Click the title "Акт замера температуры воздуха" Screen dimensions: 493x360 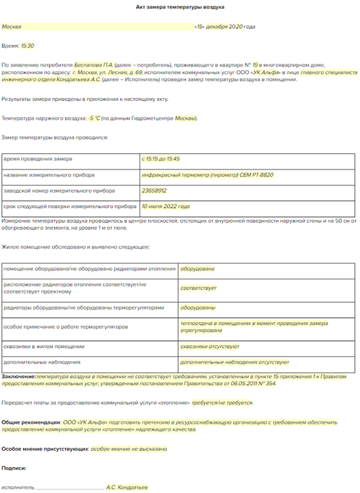179,6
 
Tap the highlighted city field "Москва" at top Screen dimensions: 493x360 12,27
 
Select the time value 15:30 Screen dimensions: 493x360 27,45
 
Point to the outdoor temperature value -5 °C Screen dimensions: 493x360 93,119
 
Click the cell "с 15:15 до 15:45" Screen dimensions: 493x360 161,159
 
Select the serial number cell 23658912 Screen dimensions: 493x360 154,190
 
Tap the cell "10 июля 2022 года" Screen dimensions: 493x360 165,207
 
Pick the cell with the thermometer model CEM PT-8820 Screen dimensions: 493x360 208,175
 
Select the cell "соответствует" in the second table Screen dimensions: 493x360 198,288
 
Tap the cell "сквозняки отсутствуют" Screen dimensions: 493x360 210,346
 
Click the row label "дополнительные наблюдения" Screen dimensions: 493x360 42,361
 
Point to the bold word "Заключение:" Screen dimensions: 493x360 18,376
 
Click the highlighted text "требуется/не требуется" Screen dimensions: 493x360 222,403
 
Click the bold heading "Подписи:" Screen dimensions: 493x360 14,468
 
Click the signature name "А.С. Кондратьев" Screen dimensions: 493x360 127,488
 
